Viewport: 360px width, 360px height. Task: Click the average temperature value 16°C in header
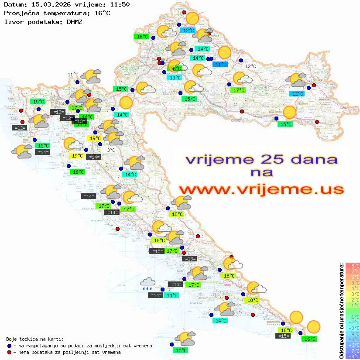(102, 13)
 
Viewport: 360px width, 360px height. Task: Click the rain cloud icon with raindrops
(147, 284)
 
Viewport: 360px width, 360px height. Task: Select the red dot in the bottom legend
(10, 352)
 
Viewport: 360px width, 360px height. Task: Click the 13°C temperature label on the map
(175, 78)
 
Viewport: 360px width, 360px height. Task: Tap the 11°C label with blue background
(219, 65)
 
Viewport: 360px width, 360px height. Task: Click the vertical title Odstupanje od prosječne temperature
(342, 310)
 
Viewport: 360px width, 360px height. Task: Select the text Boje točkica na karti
(35, 339)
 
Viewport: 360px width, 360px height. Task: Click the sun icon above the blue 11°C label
(224, 52)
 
